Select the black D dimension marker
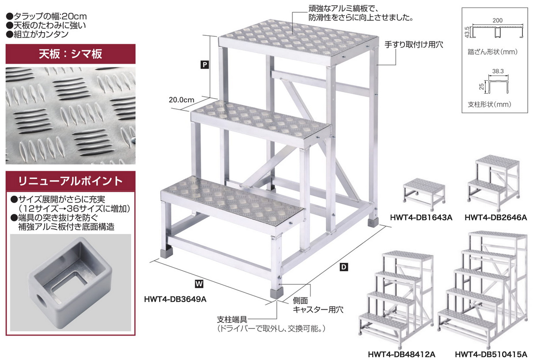pyautogui.click(x=344, y=267)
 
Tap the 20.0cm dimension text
pyautogui.click(x=181, y=99)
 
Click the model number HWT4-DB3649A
pyautogui.click(x=175, y=299)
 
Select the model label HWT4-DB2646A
pyautogui.click(x=495, y=217)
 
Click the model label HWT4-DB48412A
pyautogui.click(x=401, y=354)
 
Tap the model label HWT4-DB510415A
pyautogui.click(x=491, y=354)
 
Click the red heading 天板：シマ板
pyautogui.click(x=70, y=54)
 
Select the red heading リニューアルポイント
pyautogui.click(x=70, y=181)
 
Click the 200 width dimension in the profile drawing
pyautogui.click(x=497, y=20)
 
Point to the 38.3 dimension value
pyautogui.click(x=497, y=70)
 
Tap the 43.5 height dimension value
pyautogui.click(x=467, y=31)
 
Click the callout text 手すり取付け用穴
pyautogui.click(x=413, y=45)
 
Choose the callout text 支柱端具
pyautogui.click(x=231, y=319)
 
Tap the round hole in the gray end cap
pyautogui.click(x=41, y=303)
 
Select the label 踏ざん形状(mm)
pyautogui.click(x=492, y=51)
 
